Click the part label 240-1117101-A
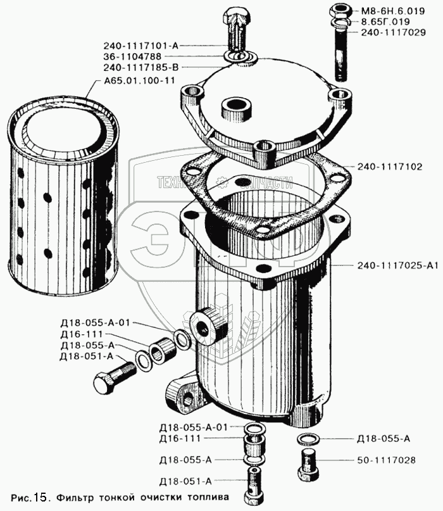tap(140, 46)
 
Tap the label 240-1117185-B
tap(140, 67)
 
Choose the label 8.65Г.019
tap(386, 22)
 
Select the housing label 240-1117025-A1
tap(397, 266)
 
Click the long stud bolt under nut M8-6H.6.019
tap(339, 57)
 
